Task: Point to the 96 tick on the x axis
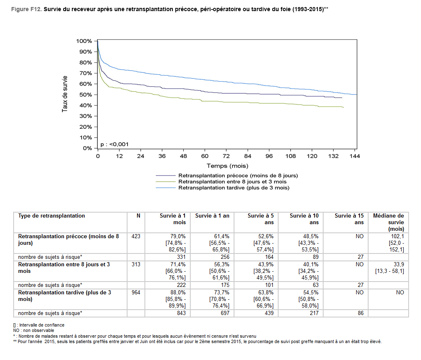(x=269, y=156)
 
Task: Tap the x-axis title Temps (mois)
(x=227, y=166)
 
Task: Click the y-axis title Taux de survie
(x=65, y=95)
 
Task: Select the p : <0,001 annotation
(x=115, y=144)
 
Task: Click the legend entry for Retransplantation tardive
(x=234, y=187)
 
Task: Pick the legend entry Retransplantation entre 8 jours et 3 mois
(x=232, y=182)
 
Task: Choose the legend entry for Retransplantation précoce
(x=238, y=175)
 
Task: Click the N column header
(x=139, y=216)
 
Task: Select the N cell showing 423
(x=136, y=237)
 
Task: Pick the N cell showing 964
(x=136, y=292)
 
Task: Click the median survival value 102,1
(x=397, y=237)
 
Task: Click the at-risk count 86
(x=360, y=313)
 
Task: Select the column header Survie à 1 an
(x=212, y=216)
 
